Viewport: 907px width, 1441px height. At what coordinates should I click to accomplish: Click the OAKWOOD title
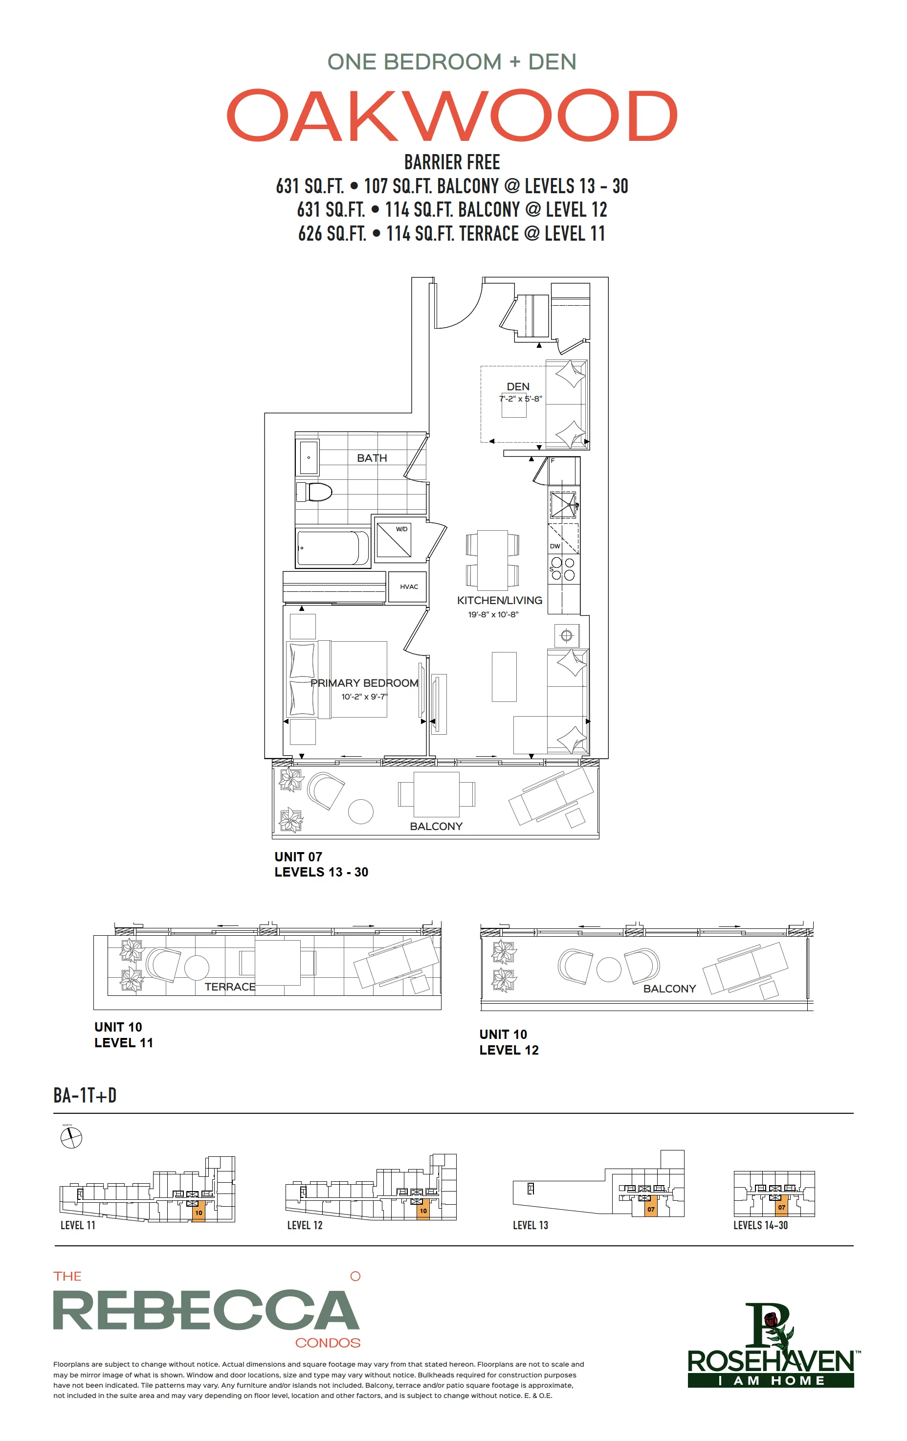[x=452, y=115]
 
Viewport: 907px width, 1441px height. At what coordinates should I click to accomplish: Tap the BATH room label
[x=372, y=458]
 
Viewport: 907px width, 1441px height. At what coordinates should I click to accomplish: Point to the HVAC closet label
[x=409, y=586]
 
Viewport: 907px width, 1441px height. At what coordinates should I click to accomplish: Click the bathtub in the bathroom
[x=332, y=547]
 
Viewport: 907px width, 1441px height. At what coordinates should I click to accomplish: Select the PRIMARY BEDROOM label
[x=364, y=683]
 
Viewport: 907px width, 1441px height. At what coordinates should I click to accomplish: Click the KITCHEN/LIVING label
[x=500, y=600]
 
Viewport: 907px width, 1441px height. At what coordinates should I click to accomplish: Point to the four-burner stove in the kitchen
[x=563, y=568]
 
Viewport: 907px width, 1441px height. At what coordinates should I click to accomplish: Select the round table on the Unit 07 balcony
[x=361, y=812]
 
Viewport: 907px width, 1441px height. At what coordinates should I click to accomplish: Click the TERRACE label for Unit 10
[x=230, y=987]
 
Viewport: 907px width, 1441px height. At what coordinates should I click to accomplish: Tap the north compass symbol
[x=71, y=1138]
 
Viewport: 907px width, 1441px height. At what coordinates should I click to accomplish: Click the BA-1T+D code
[x=85, y=1095]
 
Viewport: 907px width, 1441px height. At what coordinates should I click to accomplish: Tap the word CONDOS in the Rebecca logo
[x=328, y=1342]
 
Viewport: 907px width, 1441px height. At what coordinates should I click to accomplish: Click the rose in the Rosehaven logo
[x=771, y=1318]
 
